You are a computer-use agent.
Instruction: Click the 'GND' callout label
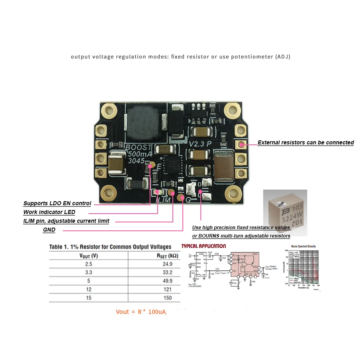(49, 230)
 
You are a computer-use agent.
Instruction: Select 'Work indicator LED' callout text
(49, 212)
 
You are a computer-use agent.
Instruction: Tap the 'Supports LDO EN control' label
(57, 203)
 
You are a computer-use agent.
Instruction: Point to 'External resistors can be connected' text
(306, 142)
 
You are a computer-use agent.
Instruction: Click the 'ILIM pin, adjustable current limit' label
(66, 221)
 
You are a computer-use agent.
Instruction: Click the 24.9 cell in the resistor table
(168, 264)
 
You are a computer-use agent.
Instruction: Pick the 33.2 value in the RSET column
(168, 272)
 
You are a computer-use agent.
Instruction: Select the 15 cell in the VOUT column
(89, 298)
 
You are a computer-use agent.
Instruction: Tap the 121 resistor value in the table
(168, 289)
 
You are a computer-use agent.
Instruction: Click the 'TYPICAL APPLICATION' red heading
(204, 246)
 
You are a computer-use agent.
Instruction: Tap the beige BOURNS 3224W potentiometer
(285, 209)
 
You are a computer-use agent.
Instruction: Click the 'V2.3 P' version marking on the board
(200, 143)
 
